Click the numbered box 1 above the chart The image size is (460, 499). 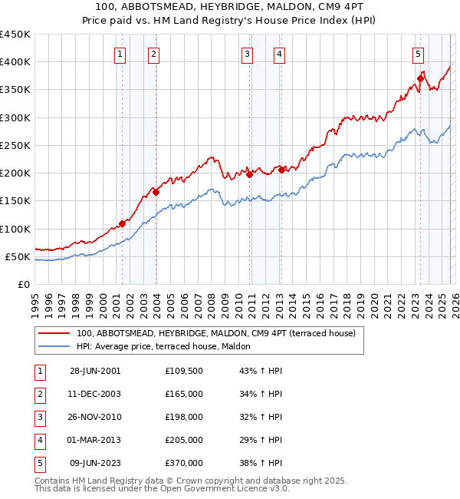pyautogui.click(x=121, y=54)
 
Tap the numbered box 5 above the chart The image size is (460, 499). pyautogui.click(x=418, y=54)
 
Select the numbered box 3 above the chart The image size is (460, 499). pyautogui.click(x=247, y=54)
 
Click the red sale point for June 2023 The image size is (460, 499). pyautogui.click(x=421, y=78)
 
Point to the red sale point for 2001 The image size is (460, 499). pyautogui.click(x=123, y=224)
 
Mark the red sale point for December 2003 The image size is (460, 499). pyautogui.click(x=156, y=193)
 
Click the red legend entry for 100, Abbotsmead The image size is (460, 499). pyautogui.click(x=215, y=334)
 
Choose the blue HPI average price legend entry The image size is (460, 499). pyautogui.click(x=169, y=347)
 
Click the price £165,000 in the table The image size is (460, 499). pyautogui.click(x=184, y=394)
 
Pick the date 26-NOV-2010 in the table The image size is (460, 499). pyautogui.click(x=95, y=417)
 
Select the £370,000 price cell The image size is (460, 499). pyautogui.click(x=184, y=463)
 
